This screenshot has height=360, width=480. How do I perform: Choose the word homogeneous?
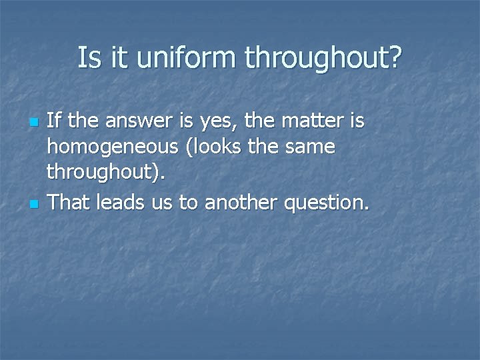114,148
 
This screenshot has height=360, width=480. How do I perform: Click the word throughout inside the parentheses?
101,173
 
